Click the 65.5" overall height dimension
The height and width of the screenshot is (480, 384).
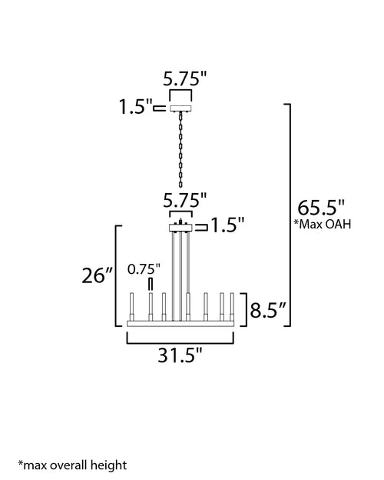tap(321, 208)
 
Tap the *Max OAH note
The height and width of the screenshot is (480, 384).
tap(323, 224)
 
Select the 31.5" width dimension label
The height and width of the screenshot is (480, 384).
tap(180, 355)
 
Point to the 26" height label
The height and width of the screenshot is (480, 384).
tap(98, 275)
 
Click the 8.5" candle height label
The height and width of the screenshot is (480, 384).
tap(268, 310)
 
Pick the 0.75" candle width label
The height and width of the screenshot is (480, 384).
tap(144, 269)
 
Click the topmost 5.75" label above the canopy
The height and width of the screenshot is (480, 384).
tap(185, 78)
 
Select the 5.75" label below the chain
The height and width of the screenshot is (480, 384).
tap(185, 201)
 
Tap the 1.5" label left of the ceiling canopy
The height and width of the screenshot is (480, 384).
tap(135, 107)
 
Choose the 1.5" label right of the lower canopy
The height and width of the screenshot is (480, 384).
tap(228, 225)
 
